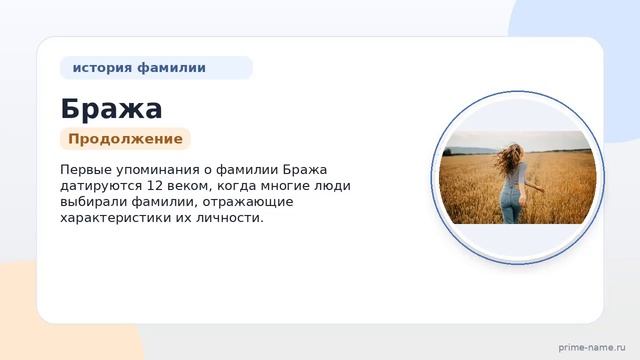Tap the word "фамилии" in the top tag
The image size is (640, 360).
click(171, 68)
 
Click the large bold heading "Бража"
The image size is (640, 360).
click(111, 109)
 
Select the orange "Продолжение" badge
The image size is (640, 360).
click(125, 139)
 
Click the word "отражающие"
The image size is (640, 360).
click(248, 202)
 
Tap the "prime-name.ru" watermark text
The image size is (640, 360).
click(592, 348)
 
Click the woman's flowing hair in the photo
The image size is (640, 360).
click(509, 158)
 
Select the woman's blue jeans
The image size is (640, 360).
click(512, 204)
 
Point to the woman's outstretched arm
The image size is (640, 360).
click(533, 187)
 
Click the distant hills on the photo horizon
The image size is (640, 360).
click(469, 150)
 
